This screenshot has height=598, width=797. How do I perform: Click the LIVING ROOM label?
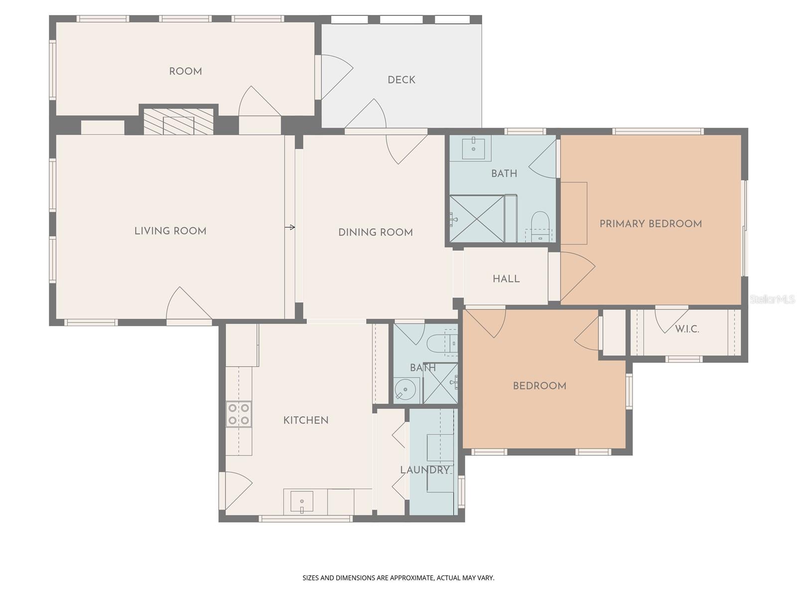click(x=170, y=231)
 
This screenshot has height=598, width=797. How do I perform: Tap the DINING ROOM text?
click(x=376, y=232)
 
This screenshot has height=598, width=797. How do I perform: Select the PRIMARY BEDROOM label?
click(x=651, y=224)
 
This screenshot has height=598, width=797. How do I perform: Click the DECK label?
click(x=401, y=80)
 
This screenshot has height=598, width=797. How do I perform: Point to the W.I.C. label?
click(x=687, y=329)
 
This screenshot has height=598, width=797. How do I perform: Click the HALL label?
click(x=506, y=279)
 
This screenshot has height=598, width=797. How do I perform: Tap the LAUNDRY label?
click(x=425, y=470)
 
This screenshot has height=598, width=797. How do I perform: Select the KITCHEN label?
click(x=306, y=421)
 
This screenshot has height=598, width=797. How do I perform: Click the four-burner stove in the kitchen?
click(x=239, y=415)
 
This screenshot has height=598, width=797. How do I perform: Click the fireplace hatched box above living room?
click(x=178, y=122)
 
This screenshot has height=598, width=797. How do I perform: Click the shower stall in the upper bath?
click(x=477, y=219)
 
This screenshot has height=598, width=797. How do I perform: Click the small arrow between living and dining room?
click(x=290, y=227)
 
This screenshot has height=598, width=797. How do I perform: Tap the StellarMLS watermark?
click(x=773, y=299)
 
